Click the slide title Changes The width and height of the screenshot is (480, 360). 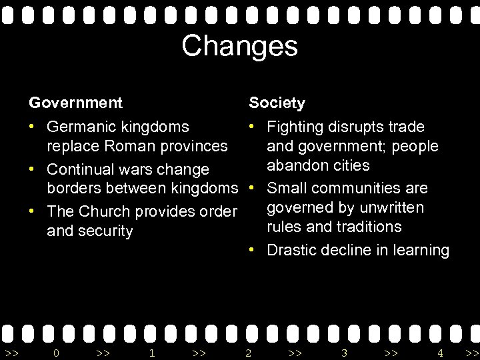tap(239, 46)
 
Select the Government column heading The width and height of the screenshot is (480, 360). tap(75, 103)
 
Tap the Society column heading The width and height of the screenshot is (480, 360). tap(277, 103)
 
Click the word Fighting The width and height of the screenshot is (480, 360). tap(295, 127)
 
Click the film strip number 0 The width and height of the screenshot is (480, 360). tap(56, 352)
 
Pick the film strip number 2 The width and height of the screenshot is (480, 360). tap(248, 352)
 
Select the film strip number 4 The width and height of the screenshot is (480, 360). tap(440, 352)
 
